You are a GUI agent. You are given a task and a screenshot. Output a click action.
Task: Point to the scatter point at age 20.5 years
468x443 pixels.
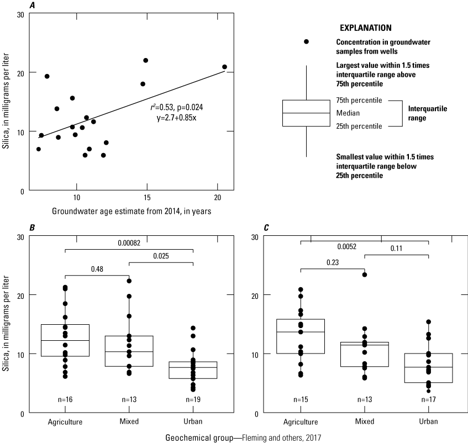pyautogui.click(x=224, y=67)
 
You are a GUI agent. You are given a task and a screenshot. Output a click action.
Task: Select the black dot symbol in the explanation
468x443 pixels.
pyautogui.click(x=306, y=42)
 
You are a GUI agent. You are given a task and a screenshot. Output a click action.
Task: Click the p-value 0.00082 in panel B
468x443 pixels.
pyautogui.click(x=129, y=242)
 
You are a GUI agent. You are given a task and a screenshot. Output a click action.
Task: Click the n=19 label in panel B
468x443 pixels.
pyautogui.click(x=193, y=399)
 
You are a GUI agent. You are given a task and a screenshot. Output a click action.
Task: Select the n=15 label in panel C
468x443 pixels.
pyautogui.click(x=301, y=399)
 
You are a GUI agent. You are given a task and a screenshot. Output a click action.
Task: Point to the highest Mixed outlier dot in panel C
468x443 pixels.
pyautogui.click(x=365, y=275)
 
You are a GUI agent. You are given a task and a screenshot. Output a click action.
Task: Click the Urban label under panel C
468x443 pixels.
pyautogui.click(x=428, y=421)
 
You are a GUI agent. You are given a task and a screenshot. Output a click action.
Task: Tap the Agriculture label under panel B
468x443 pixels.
pyautogui.click(x=65, y=421)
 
